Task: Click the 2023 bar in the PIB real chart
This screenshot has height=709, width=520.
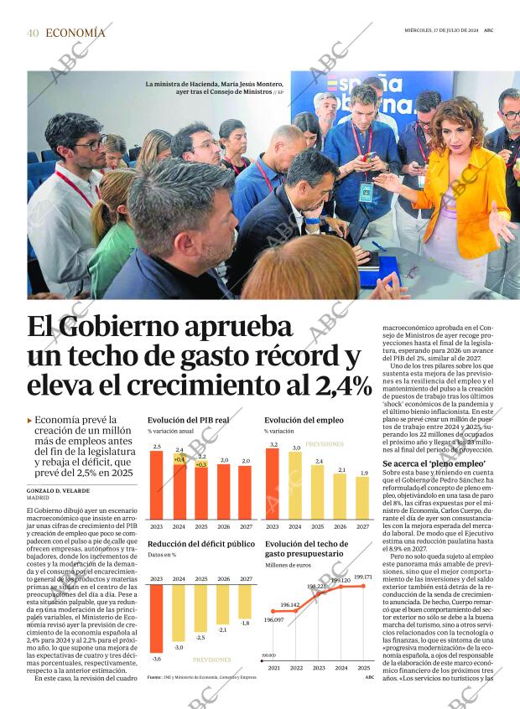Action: pos(157,486)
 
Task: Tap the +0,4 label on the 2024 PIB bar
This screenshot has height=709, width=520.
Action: pos(179,459)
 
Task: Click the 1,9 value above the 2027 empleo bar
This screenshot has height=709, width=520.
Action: pos(362,473)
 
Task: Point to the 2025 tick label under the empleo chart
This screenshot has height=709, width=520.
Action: pos(318,526)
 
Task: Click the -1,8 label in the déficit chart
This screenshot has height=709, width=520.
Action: pos(244,623)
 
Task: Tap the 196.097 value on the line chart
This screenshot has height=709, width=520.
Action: pos(273,620)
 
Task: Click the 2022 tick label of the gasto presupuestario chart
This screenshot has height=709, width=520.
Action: pos(295,667)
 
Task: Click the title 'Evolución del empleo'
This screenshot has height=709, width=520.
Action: pos(304,420)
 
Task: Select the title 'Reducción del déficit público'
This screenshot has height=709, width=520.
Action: pos(201,544)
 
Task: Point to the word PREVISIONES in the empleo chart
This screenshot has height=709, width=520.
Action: pos(325,444)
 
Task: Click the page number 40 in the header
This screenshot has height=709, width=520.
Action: pos(33,33)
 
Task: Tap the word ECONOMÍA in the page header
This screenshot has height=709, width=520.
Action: pos(75,33)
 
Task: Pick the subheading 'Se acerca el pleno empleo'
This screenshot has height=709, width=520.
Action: pos(434,463)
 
